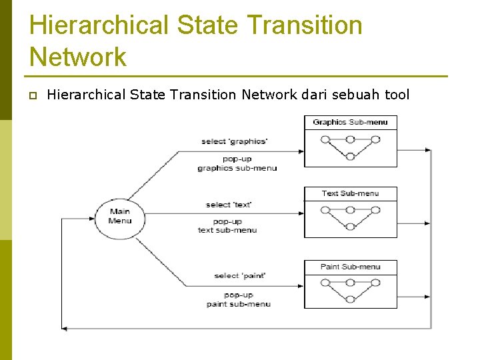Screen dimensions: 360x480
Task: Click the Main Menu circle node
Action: [x=120, y=217]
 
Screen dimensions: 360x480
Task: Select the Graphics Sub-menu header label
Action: [x=350, y=122]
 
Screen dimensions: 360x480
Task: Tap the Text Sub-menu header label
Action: [x=350, y=193]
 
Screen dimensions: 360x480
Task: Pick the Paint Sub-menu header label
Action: [x=350, y=267]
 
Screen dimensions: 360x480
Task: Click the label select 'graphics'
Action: [x=234, y=141]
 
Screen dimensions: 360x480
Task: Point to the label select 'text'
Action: [x=229, y=205]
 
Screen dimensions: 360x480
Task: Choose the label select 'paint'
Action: [x=240, y=275]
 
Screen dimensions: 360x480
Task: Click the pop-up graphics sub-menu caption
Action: [x=237, y=164]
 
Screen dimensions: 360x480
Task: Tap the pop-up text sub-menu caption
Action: [x=227, y=226]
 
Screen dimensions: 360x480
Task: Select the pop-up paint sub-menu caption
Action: [x=238, y=299]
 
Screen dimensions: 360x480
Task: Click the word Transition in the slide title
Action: [x=305, y=25]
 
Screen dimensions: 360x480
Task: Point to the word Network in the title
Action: [x=77, y=57]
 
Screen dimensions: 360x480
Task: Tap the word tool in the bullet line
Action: [x=397, y=95]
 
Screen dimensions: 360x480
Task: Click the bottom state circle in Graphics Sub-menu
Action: [x=350, y=157]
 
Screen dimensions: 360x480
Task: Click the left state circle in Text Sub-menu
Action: [x=325, y=210]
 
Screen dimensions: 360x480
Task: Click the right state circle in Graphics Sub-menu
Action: [x=375, y=139]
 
